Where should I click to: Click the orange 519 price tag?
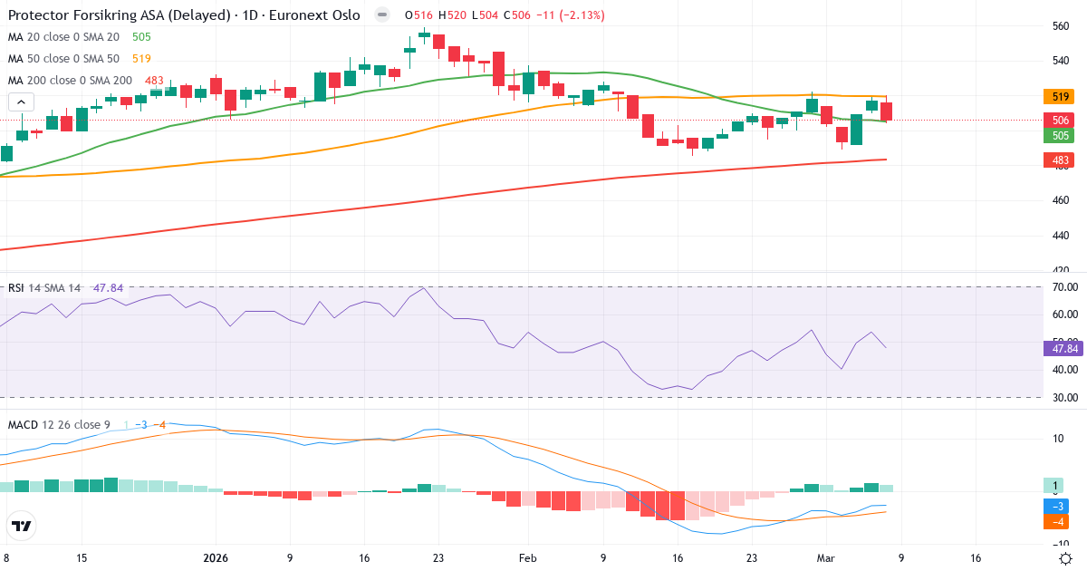(x=1058, y=96)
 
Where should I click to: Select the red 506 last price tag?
(x=1058, y=120)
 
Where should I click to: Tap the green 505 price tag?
(x=1058, y=136)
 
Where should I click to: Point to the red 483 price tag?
(x=1058, y=160)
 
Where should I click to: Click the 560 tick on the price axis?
(x=1061, y=26)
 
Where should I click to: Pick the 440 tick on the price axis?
(x=1061, y=235)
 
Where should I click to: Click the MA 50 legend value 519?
(x=141, y=59)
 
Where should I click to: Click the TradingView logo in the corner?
(x=22, y=526)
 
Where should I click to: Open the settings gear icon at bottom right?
(x=1066, y=558)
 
